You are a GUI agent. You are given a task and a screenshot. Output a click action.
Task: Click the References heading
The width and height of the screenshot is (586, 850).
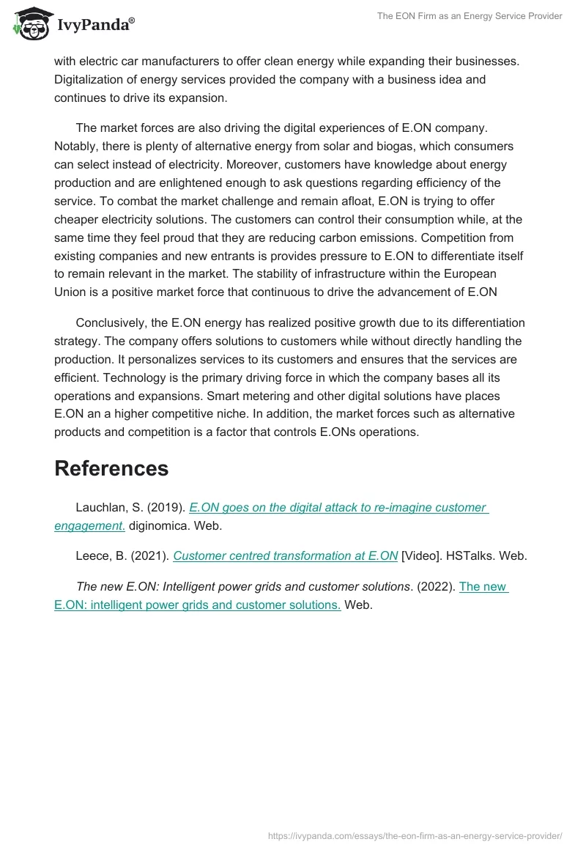click(111, 468)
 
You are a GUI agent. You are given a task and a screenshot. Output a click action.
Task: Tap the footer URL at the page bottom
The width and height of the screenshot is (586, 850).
click(415, 835)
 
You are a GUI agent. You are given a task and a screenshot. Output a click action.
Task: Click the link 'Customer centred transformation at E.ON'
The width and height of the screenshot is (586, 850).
click(286, 555)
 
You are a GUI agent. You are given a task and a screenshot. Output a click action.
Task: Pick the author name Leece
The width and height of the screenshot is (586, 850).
click(92, 555)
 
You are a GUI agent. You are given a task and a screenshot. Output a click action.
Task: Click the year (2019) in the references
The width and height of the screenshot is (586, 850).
click(166, 507)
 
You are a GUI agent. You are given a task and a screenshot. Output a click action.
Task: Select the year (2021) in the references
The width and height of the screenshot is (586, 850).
click(149, 555)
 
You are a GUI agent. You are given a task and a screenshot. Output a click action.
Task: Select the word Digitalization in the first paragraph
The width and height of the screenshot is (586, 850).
click(92, 79)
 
